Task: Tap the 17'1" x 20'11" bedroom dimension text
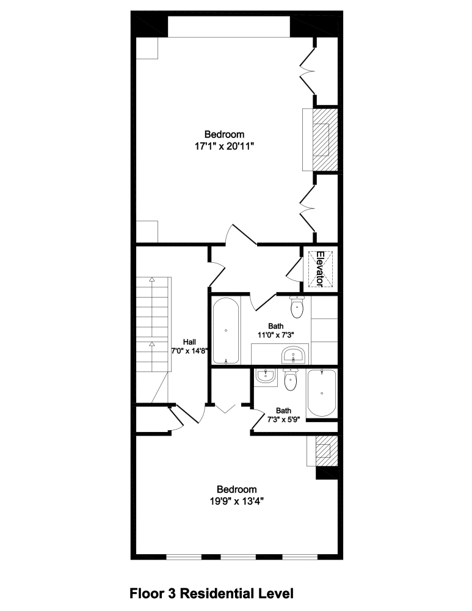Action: (224, 146)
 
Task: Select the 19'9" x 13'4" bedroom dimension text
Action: (237, 501)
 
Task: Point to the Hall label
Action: (190, 342)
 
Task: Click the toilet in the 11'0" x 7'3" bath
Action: (297, 307)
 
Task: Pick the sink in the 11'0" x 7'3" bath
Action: (292, 354)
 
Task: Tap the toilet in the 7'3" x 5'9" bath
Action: (291, 380)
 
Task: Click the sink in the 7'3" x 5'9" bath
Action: (266, 376)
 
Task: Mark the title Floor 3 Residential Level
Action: (212, 593)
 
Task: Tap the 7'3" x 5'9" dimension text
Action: (283, 420)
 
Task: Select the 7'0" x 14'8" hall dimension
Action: (190, 351)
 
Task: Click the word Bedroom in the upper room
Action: (224, 134)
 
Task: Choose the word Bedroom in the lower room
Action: (237, 489)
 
